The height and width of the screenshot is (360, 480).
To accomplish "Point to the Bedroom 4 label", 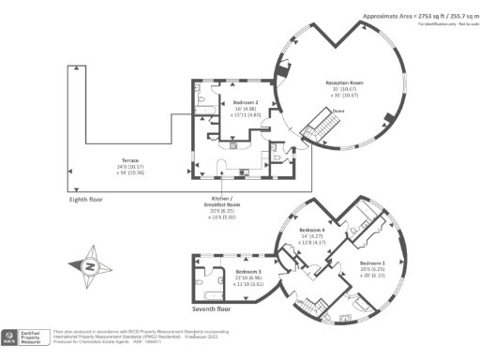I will pos(312,230).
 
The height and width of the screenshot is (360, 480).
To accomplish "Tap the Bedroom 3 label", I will pos(248,270).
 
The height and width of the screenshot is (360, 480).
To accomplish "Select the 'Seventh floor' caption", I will pos(215,308).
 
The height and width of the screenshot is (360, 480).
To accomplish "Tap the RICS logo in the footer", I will pos(10,335).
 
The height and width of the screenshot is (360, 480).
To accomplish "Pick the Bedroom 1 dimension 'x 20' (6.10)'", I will pos(373,276).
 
